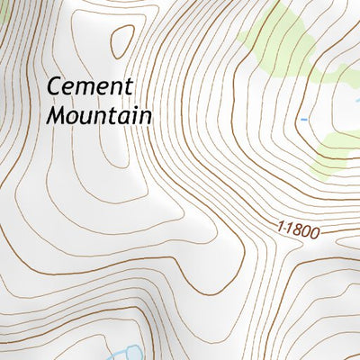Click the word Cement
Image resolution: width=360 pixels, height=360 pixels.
pyautogui.click(x=90, y=88)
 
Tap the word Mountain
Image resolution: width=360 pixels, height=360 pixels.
pyautogui.click(x=99, y=115)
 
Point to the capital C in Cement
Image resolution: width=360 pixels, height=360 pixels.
pyautogui.click(x=55, y=88)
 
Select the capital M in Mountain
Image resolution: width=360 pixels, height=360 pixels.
pyautogui.click(x=57, y=115)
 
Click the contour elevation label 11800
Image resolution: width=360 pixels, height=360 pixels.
pyautogui.click(x=299, y=229)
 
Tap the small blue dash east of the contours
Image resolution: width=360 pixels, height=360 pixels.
pyautogui.click(x=304, y=118)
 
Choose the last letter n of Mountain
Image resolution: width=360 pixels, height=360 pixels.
pyautogui.click(x=145, y=116)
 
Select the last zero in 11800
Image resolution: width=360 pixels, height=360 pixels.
pyautogui.click(x=315, y=232)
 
